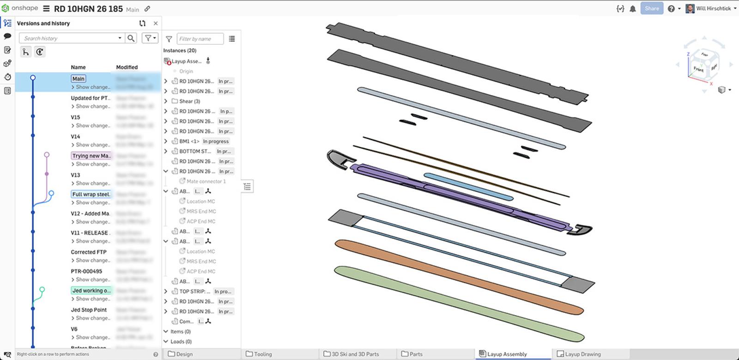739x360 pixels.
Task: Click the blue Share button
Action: (651, 8)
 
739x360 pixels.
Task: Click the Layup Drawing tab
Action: (582, 354)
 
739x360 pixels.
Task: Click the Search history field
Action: (69, 38)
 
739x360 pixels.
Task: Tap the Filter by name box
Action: (200, 39)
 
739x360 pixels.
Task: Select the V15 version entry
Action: (75, 117)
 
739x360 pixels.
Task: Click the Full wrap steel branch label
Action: (91, 195)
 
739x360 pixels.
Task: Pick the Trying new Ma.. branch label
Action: (91, 156)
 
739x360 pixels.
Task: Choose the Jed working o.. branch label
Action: (91, 291)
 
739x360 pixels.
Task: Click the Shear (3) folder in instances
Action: (189, 101)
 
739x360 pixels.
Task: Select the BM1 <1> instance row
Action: (189, 141)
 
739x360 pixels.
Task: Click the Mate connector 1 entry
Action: (206, 181)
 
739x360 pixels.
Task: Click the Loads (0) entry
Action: (181, 342)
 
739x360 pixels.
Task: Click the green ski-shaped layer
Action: (457, 303)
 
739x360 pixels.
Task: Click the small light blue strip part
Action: (467, 186)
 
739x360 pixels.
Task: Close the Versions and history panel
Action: (156, 23)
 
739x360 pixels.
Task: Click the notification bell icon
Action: (633, 8)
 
